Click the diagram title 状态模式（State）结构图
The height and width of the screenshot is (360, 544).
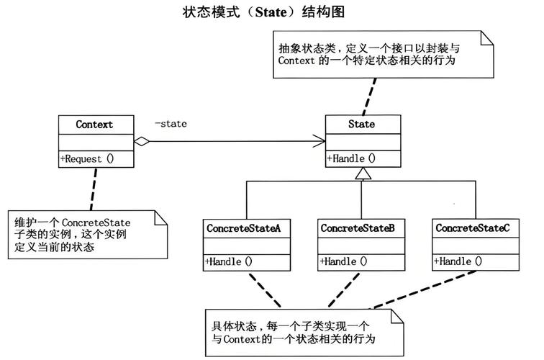271,12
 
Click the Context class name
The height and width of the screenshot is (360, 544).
95,125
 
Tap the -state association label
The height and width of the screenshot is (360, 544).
171,124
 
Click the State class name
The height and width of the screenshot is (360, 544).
361,125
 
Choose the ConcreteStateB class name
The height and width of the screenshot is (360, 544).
358,228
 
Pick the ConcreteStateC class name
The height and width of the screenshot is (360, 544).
472,228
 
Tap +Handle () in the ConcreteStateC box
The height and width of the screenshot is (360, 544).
458,262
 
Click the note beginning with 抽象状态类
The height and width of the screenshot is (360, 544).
384,55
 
